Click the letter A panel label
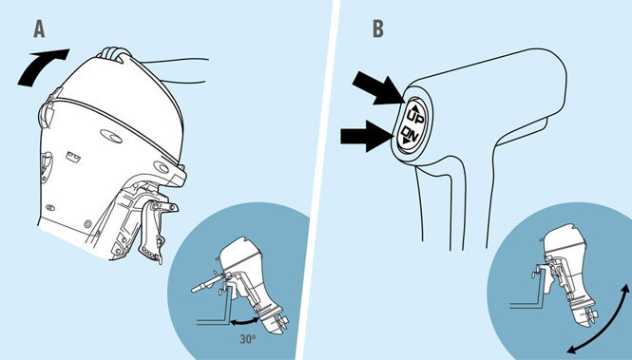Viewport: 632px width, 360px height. (x=39, y=29)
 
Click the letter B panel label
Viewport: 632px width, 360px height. (x=378, y=29)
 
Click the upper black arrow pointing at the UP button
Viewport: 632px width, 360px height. (x=378, y=90)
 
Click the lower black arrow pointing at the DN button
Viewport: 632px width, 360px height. (x=367, y=136)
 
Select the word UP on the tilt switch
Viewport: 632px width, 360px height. (x=415, y=115)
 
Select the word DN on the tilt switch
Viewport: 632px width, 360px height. (x=409, y=135)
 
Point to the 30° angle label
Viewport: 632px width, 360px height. (x=248, y=339)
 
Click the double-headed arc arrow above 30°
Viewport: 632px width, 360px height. (x=244, y=322)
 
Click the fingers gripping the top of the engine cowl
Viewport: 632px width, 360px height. (x=115, y=54)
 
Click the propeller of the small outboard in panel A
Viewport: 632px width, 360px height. (x=282, y=322)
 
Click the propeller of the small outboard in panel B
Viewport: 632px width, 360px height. (x=591, y=317)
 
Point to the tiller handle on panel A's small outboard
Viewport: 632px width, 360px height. (x=206, y=283)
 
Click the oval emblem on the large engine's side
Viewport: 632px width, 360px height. (x=111, y=137)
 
